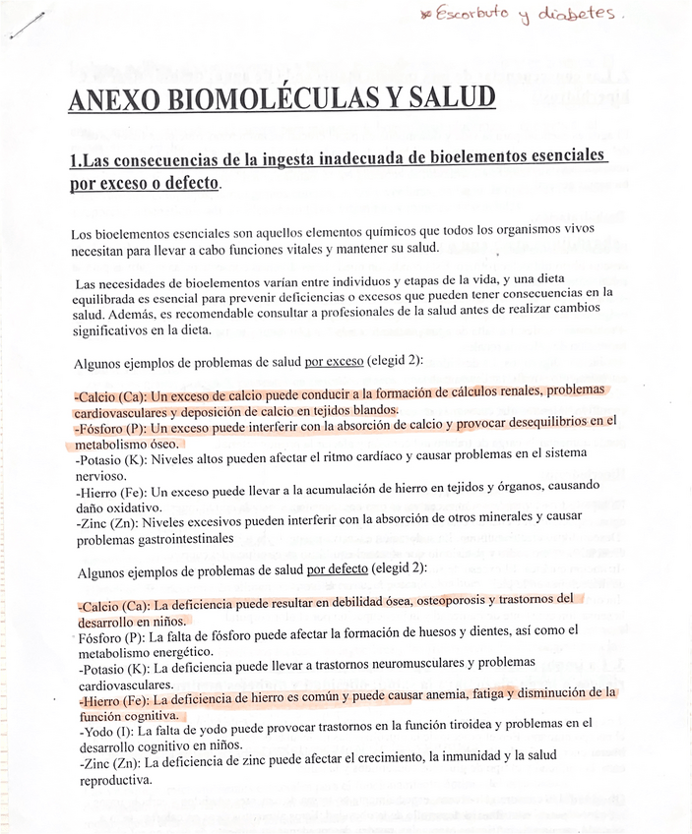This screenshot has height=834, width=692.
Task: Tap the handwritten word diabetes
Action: coord(589,15)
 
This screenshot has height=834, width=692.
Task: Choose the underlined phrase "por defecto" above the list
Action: coord(337,568)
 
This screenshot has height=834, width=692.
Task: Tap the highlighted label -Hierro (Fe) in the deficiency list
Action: coord(111,699)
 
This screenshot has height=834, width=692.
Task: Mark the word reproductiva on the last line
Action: coord(114,780)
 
